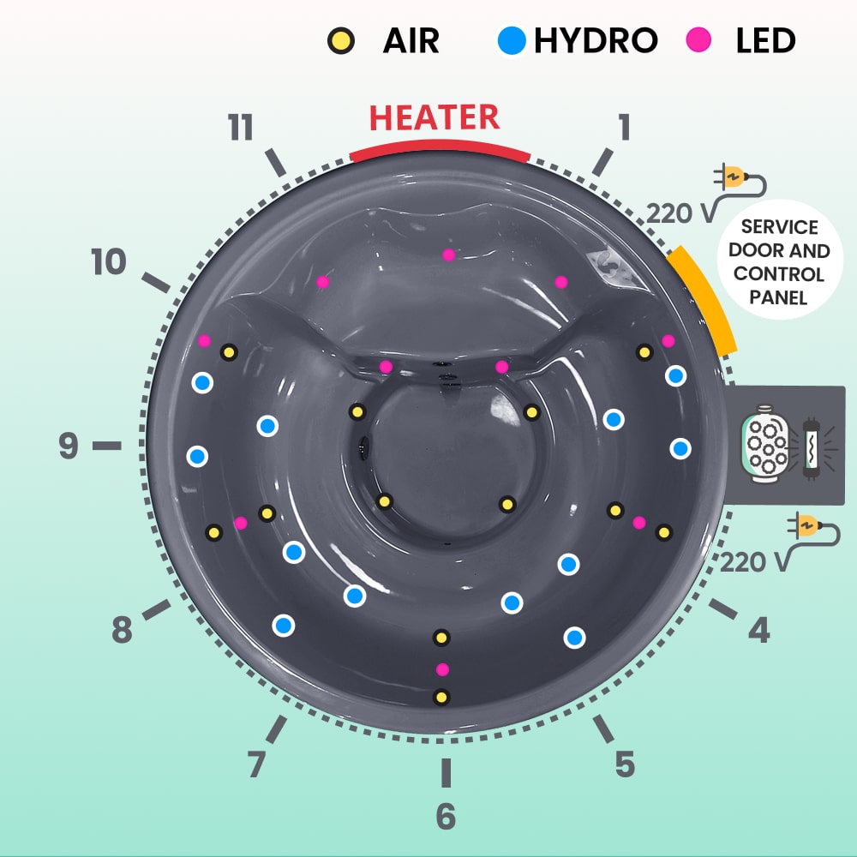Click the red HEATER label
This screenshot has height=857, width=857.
tap(434, 117)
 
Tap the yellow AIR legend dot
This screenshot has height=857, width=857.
tap(341, 41)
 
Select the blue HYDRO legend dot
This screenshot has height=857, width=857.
tap(512, 40)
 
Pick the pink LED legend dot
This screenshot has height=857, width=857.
tap(698, 40)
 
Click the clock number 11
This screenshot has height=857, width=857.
tap(241, 128)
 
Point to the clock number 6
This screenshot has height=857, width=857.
tap(446, 817)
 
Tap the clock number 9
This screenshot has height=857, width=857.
tap(69, 446)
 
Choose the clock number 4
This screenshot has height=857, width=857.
tap(759, 629)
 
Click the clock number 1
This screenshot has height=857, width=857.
tap(624, 127)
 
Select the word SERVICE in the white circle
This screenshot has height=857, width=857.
tap(779, 227)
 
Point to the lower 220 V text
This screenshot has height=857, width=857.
tap(755, 562)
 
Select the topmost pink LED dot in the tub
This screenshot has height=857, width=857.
tap(449, 255)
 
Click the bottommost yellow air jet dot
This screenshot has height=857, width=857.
tap(441, 698)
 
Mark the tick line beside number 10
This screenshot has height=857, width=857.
tap(156, 283)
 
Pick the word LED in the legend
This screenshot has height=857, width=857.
tap(765, 40)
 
